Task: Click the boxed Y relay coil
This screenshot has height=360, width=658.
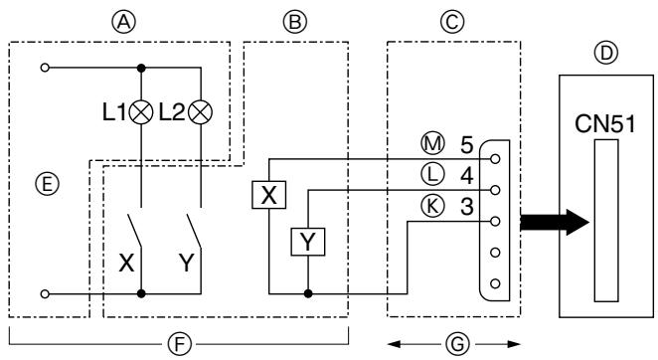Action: (x=308, y=241)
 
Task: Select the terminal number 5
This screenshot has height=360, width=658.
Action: (x=466, y=144)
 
